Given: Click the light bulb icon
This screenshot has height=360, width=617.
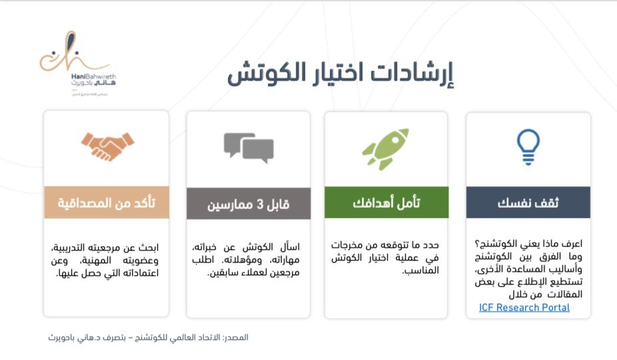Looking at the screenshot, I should point(528,147).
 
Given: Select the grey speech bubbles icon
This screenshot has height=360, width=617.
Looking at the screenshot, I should point(248,147).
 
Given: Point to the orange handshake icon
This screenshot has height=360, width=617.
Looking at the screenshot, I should point(107,147).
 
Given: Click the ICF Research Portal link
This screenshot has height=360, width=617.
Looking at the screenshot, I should point(524,307).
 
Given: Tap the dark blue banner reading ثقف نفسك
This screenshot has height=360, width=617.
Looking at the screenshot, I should point(528,203).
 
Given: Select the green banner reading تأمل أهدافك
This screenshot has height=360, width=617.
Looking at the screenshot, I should point(386,203).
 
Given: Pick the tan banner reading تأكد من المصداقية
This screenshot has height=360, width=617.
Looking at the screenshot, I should point(107,203).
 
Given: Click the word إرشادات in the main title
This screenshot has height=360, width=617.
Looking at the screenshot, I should point(414,75).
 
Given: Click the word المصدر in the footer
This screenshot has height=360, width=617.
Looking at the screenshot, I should point(235,337).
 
